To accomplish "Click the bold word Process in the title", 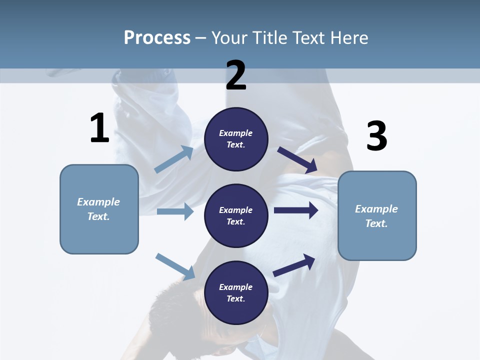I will tap(157, 37).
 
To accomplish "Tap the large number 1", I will tap(99, 128).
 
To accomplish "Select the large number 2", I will tap(236, 75).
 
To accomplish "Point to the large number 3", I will tap(376, 136).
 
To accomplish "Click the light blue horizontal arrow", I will tap(175, 211).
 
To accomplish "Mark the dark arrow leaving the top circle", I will tap(297, 160).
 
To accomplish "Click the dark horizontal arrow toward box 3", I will tap(296, 210).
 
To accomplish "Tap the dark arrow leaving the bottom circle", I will tap(294, 265).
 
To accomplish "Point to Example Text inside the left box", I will tap(98, 209).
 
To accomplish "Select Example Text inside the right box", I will tap(376, 216).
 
